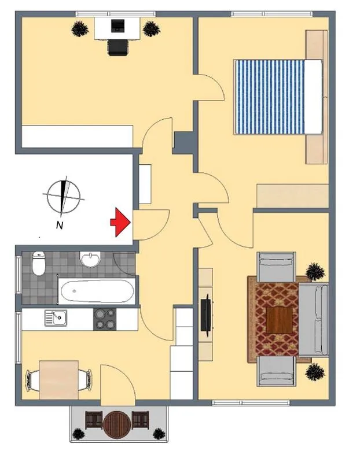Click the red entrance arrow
[x=120, y=222]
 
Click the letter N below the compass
[x=60, y=225]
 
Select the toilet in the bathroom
[x=39, y=263]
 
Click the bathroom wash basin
[x=90, y=259]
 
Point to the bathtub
[x=97, y=291]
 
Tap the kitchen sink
[x=56, y=318]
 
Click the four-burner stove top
[x=105, y=319]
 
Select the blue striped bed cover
[x=270, y=97]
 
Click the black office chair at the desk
[x=118, y=47]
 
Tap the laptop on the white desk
[x=118, y=25]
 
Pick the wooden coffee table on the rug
[x=280, y=320]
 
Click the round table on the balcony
[x=117, y=425]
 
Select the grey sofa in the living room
[x=313, y=320]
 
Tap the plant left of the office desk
[x=80, y=29]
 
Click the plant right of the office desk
[x=151, y=29]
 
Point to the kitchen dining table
[x=59, y=380]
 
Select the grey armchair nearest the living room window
[x=277, y=371]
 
